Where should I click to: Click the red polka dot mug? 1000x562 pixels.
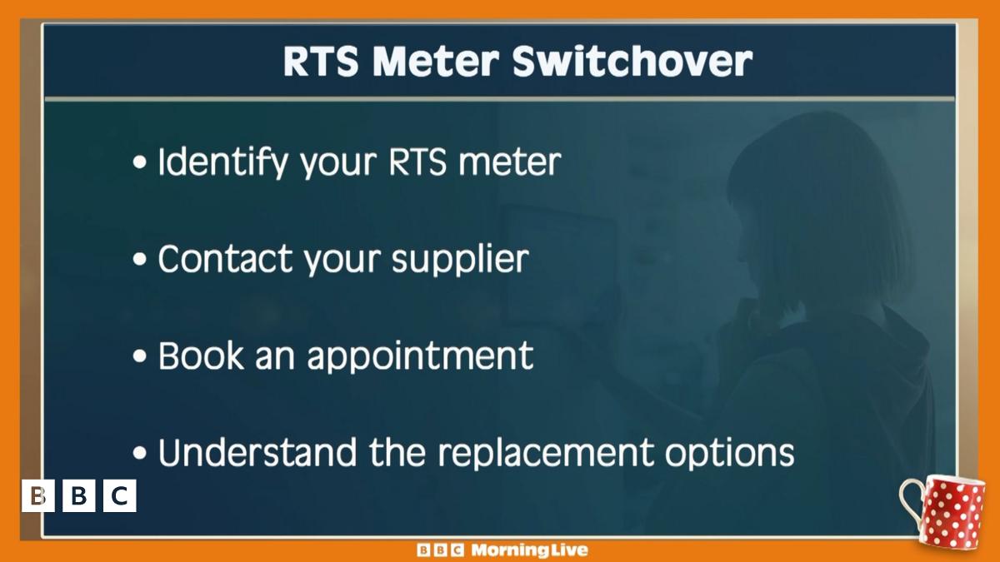(x=950, y=510)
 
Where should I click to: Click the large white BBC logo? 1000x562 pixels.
(x=79, y=496)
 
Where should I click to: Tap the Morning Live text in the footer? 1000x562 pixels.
(x=529, y=550)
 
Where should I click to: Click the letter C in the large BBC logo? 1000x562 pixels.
(x=119, y=496)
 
